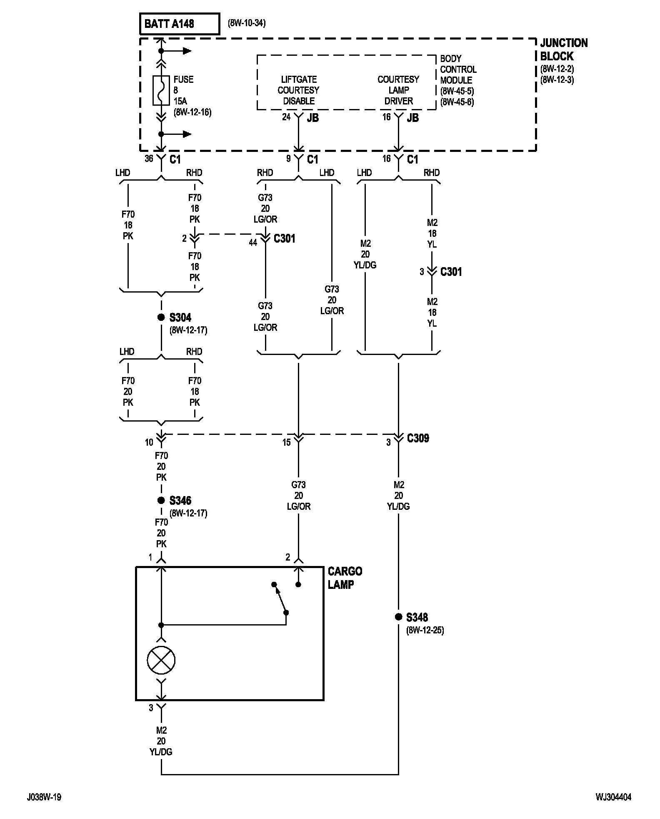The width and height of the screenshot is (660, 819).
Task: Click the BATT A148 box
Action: pos(179,24)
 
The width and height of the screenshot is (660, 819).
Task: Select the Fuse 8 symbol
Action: pos(161,90)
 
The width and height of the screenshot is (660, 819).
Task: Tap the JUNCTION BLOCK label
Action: pos(564,50)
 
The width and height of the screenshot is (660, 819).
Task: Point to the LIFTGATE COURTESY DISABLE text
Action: pos(298,90)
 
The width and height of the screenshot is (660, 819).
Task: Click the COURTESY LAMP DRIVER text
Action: pos(398,90)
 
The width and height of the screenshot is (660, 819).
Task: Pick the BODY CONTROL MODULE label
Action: pos(458,69)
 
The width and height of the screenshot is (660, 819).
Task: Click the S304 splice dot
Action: pos(161,318)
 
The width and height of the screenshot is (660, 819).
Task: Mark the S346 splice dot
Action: pos(161,501)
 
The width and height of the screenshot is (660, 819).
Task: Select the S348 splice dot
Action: pos(398,617)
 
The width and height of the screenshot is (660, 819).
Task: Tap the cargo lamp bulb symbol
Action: pos(161,660)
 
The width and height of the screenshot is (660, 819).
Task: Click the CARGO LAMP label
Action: pos(345,578)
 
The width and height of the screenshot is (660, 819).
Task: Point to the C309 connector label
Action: pos(418,438)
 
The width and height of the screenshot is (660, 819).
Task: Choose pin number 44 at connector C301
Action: pos(253,243)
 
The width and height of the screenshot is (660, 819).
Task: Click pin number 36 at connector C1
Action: pos(149,159)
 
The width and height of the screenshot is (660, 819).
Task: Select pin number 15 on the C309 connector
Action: pos(286,442)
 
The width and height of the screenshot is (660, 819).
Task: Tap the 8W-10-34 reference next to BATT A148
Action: pos(246,23)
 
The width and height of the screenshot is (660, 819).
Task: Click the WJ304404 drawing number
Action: pos(613,797)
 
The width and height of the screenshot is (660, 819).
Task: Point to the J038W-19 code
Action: pos(45,797)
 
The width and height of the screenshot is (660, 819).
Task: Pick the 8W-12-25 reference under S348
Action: pos(425,630)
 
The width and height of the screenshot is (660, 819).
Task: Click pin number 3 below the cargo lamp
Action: pos(151,708)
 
